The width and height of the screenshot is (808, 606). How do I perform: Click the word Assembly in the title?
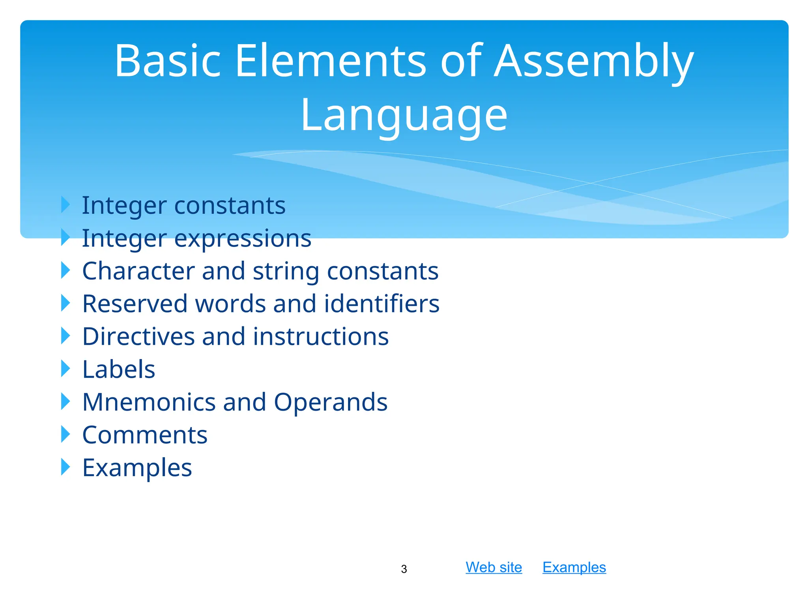coord(593,62)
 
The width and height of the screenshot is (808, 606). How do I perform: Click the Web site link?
coord(494,567)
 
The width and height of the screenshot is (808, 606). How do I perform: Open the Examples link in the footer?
coord(574,567)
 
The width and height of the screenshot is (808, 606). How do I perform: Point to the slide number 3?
coord(404,569)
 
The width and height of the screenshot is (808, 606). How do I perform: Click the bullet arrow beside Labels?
coord(65,369)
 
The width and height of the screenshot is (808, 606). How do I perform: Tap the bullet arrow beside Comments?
coord(65,434)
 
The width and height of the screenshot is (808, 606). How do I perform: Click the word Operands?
coord(330,402)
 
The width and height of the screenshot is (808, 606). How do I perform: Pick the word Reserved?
coord(135,304)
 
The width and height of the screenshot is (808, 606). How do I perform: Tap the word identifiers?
coord(382,304)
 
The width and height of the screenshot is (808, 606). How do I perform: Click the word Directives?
coord(138,337)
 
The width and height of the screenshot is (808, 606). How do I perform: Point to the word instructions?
coord(321,337)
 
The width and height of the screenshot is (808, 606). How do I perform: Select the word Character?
coord(138,271)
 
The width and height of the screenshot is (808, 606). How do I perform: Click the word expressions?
coord(243,239)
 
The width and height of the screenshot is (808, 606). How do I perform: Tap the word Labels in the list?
coord(119,369)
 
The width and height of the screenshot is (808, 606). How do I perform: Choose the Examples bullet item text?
coord(137,468)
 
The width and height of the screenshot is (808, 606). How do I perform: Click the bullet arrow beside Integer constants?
coord(65,205)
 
